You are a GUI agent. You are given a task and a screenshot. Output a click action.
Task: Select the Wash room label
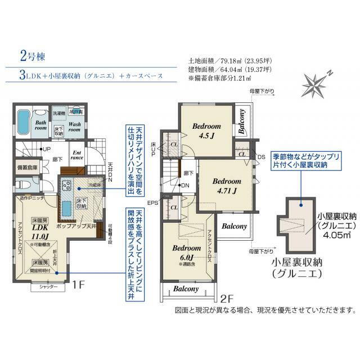[75, 125]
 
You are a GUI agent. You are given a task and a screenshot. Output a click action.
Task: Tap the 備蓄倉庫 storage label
[27, 167]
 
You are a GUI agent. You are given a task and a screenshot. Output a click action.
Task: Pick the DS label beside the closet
[262, 156]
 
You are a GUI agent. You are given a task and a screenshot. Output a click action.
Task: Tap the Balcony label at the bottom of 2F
[185, 289]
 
